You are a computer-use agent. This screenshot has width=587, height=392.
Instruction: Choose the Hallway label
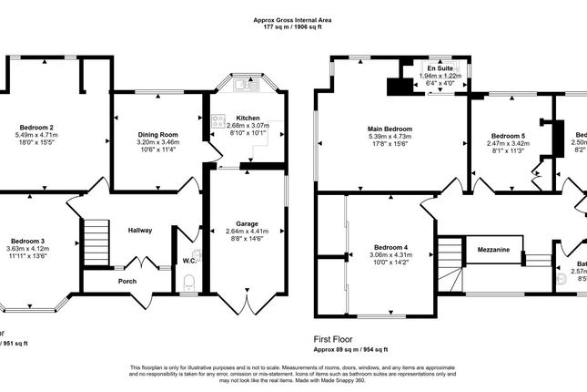pos(139,230)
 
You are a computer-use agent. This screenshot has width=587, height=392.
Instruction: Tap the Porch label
pos(127,281)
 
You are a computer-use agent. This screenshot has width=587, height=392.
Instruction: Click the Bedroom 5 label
pos(502,136)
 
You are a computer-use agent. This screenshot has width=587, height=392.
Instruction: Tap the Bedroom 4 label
pos(392,247)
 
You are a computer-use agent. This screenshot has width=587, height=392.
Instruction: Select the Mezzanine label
pos(492,248)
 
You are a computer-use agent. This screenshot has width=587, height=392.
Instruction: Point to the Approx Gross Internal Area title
pos(294,20)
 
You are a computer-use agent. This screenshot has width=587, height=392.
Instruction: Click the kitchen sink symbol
pos(242,87)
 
